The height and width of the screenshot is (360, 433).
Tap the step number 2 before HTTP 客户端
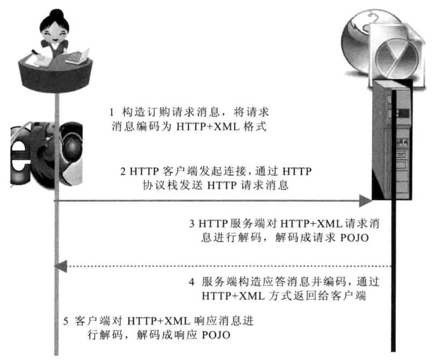(x=124, y=172)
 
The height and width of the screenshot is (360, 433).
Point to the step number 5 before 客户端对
(x=66, y=321)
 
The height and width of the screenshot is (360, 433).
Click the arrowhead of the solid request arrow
(x=366, y=201)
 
